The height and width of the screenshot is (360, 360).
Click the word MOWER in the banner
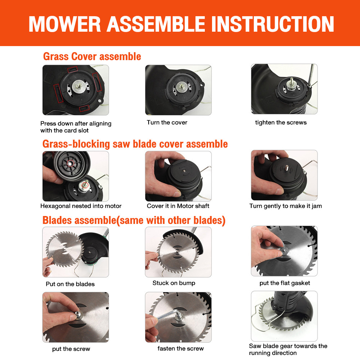point(65,24)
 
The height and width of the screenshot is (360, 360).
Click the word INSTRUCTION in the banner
point(272,24)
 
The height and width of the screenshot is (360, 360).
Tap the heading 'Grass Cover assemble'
point(92,57)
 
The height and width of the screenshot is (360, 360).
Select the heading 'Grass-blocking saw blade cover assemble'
point(135,144)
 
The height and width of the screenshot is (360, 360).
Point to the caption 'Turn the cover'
point(167,122)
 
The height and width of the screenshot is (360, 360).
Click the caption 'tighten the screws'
point(281,122)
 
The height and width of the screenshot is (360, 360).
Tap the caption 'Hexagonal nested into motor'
point(81,206)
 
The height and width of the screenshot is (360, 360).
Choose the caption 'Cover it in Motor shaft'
point(178,206)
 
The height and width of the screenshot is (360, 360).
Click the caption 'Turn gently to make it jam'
point(285,206)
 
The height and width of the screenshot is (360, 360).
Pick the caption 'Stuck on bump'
point(174,283)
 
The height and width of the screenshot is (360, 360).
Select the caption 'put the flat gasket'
point(285,283)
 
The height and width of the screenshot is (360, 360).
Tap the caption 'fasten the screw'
point(180,348)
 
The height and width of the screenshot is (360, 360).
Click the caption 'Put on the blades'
point(70,284)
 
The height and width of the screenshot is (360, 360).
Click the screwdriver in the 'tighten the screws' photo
point(310,76)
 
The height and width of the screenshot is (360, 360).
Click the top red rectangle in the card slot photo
point(73,69)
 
